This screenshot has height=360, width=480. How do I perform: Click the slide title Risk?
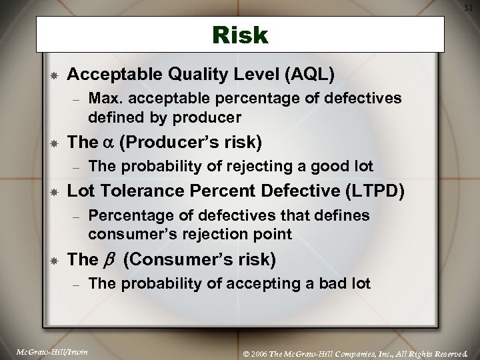point(240,35)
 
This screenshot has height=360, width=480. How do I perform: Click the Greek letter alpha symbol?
point(105,142)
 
